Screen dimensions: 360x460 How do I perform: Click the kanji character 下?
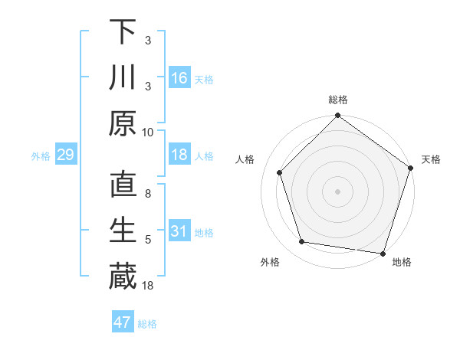click(x=123, y=32)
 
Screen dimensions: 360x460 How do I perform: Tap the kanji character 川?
click(x=123, y=77)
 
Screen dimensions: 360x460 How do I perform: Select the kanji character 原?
click(x=123, y=123)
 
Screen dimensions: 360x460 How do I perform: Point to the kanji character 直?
click(x=123, y=185)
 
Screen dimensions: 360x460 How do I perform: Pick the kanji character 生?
click(x=123, y=231)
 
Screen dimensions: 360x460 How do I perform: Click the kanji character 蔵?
click(x=123, y=276)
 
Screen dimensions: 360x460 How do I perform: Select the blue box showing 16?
click(x=179, y=77)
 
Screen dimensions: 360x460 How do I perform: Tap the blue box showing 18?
click(x=179, y=155)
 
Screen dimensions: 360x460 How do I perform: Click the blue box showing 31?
click(x=179, y=231)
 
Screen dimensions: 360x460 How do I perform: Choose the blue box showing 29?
click(x=65, y=155)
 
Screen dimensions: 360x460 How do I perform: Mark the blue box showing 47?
click(x=123, y=322)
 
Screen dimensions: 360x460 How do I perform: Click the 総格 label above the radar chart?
click(x=338, y=100)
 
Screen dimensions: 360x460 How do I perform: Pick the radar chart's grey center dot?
click(x=337, y=191)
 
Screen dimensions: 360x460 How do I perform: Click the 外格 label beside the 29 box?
click(x=41, y=155)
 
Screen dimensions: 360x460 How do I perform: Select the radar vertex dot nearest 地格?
click(x=383, y=252)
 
